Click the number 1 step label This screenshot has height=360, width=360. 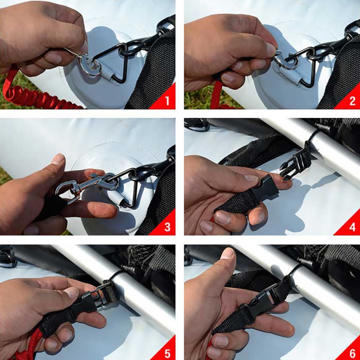[167, 101]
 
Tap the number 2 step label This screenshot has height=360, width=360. [352, 101]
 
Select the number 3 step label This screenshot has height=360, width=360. [167, 227]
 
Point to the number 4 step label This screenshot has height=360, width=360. [352, 227]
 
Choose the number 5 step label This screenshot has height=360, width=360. [167, 353]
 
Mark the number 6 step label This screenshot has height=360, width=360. [353, 353]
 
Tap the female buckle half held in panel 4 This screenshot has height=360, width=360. [266, 189]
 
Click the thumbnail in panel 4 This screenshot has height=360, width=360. [252, 178]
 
